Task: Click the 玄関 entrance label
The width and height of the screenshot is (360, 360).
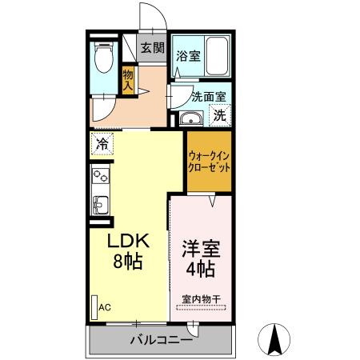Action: [152, 48]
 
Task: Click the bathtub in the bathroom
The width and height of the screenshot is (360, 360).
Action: [216, 56]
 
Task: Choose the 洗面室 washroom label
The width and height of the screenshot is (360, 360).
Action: [209, 97]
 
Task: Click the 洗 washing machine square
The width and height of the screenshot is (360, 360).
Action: [218, 114]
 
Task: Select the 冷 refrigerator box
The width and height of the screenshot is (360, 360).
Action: [102, 145]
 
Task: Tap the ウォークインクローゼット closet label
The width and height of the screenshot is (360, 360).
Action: [210, 162]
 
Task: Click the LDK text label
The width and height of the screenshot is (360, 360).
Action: [128, 242]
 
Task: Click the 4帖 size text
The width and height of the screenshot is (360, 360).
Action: [202, 269]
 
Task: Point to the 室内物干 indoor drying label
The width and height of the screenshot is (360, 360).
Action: [201, 299]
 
